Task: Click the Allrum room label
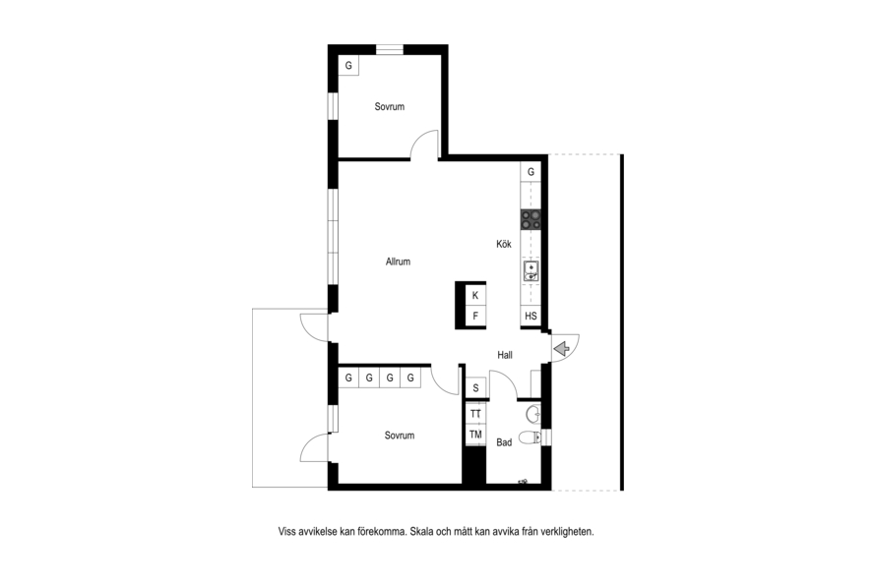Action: [398, 262]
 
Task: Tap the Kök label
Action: [504, 244]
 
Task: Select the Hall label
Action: [505, 355]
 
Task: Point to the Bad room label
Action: [504, 442]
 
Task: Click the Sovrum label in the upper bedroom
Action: [390, 106]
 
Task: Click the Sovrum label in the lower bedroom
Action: [400, 436]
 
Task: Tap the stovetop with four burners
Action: [531, 219]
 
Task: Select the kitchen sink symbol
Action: [531, 271]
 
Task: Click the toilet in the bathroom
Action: [530, 437]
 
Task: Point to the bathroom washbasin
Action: [533, 415]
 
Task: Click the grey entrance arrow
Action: [562, 349]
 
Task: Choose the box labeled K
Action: [475, 296]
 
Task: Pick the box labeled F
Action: [475, 316]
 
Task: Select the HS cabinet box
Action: [531, 316]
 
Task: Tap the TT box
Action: [475, 414]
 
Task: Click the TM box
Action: [475, 435]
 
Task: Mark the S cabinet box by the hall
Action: [476, 387]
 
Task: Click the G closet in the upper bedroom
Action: [348, 66]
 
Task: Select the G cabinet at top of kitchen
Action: [531, 172]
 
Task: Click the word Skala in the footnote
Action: [422, 532]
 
